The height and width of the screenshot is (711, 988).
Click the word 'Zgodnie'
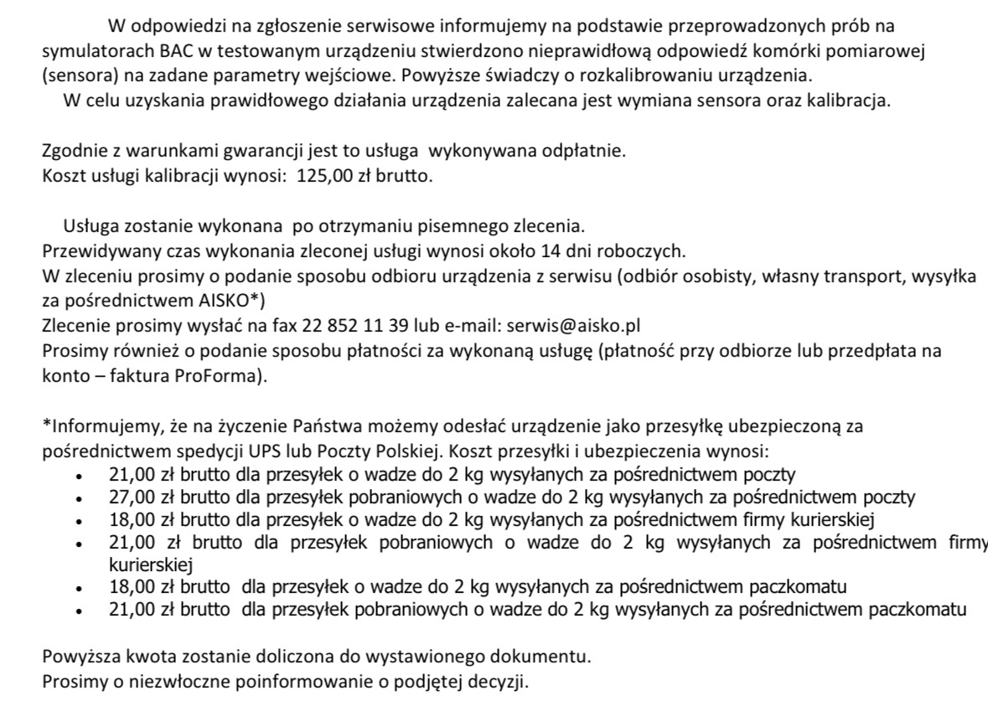73,152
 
